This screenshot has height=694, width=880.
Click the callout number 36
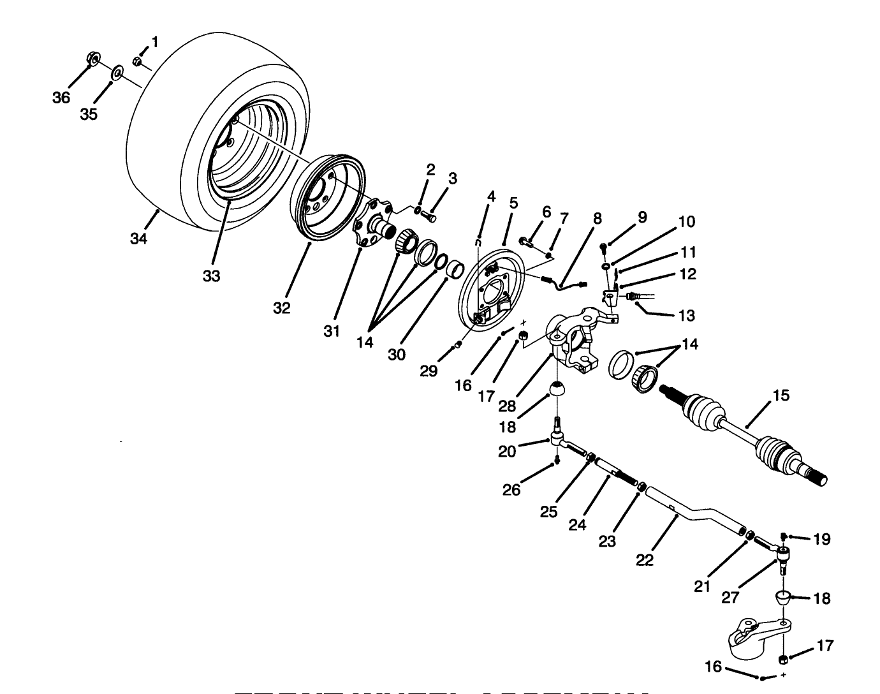[x=61, y=98]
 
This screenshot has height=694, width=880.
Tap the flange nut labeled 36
[x=92, y=60]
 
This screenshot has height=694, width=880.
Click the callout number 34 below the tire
[x=138, y=239]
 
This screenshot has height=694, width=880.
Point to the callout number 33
[x=211, y=276]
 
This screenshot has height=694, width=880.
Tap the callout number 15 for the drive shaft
[x=781, y=395]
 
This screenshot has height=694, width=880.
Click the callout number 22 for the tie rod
[x=645, y=559]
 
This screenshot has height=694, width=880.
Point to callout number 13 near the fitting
[x=686, y=315]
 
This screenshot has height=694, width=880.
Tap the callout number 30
[x=396, y=355]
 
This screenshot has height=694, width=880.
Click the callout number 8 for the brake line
[x=597, y=218]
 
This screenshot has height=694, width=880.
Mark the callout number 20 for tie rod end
[x=507, y=451]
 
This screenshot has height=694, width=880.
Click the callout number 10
[x=686, y=221]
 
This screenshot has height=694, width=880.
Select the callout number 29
[x=429, y=371]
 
